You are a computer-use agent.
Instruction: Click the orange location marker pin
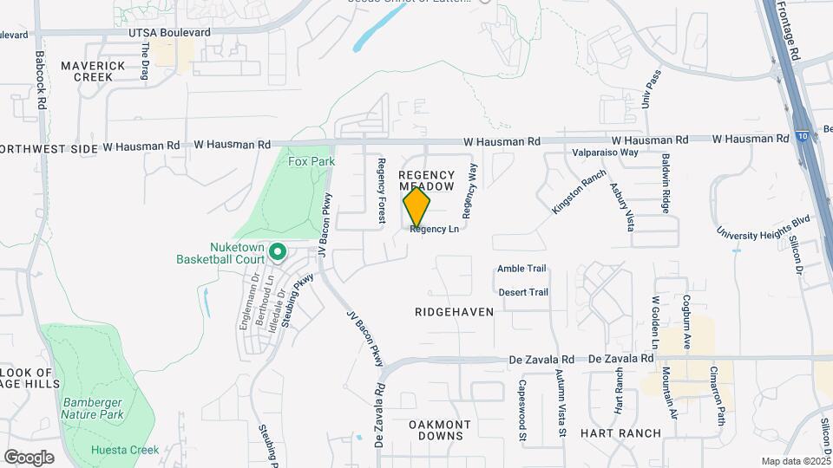point(416,207)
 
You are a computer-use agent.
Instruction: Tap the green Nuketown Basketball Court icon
point(278,252)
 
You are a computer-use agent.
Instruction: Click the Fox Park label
point(312,161)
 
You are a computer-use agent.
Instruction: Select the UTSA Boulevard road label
point(169,33)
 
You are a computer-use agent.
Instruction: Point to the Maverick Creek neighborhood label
point(87,71)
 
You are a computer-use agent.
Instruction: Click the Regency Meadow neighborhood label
point(426,180)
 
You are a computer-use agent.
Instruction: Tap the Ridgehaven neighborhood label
point(454,311)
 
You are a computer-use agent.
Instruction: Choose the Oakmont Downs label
point(440,430)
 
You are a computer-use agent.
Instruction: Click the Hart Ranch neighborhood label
point(621,432)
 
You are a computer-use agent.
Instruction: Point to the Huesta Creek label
point(125,450)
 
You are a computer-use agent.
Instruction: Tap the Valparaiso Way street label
point(605,153)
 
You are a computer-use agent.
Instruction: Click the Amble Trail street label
point(521,269)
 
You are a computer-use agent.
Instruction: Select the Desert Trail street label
point(523,292)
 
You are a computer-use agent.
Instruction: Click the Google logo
point(29,457)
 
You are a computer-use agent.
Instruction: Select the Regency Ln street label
point(434,230)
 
